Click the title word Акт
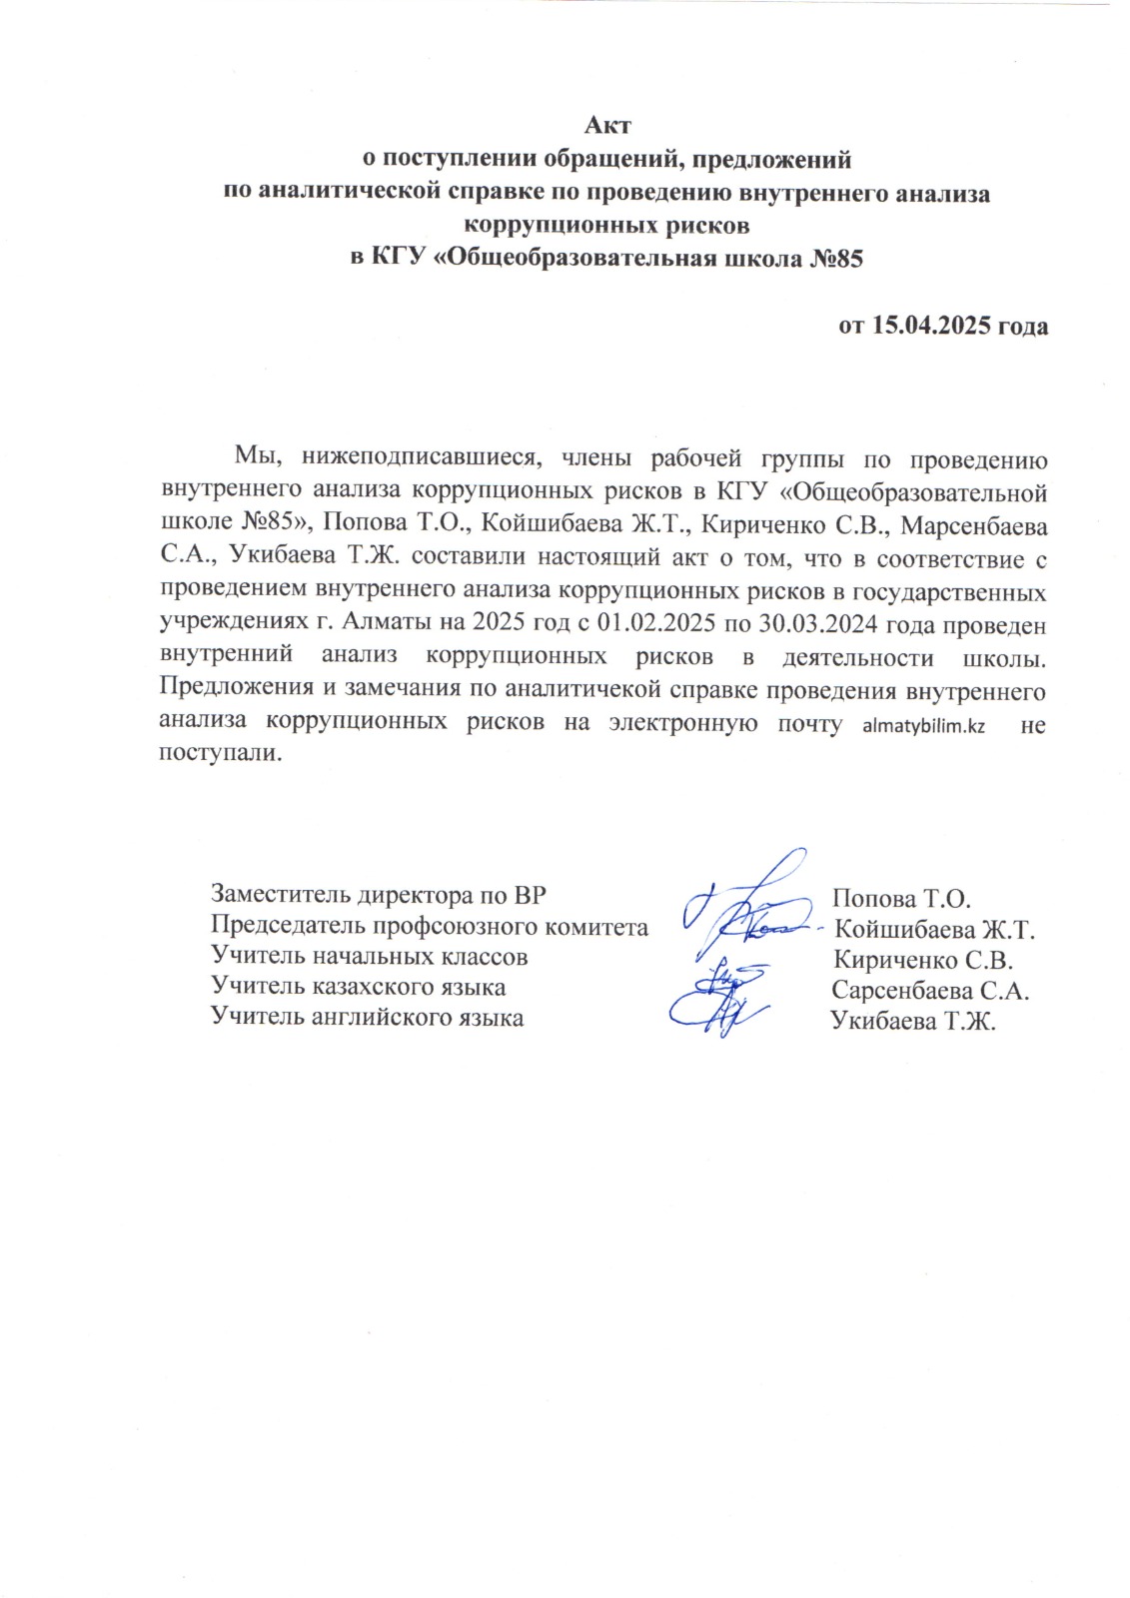(x=607, y=126)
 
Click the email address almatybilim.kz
(x=923, y=726)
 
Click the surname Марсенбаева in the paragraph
(x=974, y=526)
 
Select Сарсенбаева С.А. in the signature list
(x=929, y=991)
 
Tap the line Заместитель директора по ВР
(x=378, y=895)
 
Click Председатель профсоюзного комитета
(x=429, y=927)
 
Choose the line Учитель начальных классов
(x=369, y=957)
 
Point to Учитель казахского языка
(x=358, y=988)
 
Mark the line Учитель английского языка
(x=367, y=1018)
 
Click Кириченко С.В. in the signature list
(x=923, y=961)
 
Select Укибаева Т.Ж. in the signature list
(x=913, y=1022)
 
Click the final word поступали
(x=220, y=753)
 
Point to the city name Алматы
(x=382, y=625)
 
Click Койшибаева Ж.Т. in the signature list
(x=933, y=930)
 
